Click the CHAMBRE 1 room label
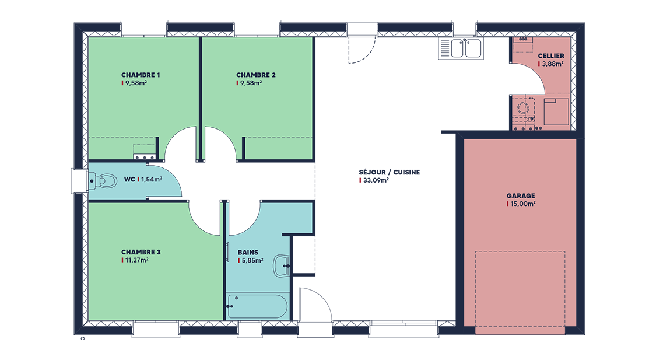[141, 75]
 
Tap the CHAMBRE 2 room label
[256, 75]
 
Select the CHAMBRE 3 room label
[141, 252]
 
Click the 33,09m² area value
[376, 180]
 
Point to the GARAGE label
[521, 195]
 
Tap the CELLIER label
[551, 55]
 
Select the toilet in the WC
[103, 181]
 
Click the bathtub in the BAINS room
[257, 306]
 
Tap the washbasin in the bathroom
[282, 266]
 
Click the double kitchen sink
[461, 48]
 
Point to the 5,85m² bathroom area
[252, 260]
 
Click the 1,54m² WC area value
[152, 179]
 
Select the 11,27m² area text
[137, 260]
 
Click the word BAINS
[248, 253]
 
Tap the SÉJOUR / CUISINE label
[390, 172]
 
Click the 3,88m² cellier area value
[553, 64]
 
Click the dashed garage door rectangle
[520, 251]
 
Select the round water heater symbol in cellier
[523, 107]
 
